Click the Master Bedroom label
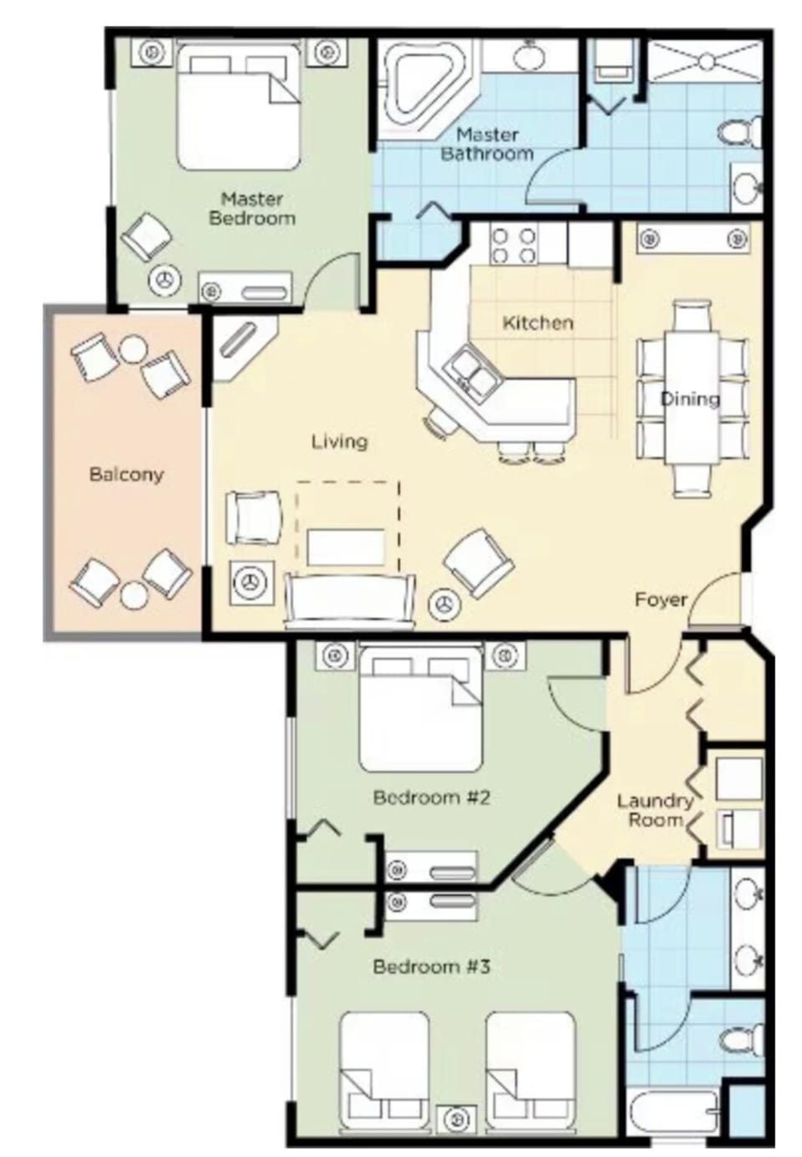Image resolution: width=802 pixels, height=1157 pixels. [251, 209]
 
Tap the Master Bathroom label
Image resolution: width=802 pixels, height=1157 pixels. [487, 144]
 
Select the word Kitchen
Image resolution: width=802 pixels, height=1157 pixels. [537, 323]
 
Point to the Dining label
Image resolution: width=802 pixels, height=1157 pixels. [690, 399]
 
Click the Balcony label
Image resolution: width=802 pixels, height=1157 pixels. [126, 475]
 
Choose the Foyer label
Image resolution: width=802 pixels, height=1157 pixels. [660, 599]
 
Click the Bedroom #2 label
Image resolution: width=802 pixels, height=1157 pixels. [431, 798]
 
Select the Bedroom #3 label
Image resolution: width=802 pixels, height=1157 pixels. [431, 967]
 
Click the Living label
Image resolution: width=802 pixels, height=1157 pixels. [339, 441]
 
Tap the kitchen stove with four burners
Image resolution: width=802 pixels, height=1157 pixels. [514, 245]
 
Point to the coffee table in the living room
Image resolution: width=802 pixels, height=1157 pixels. [345, 546]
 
